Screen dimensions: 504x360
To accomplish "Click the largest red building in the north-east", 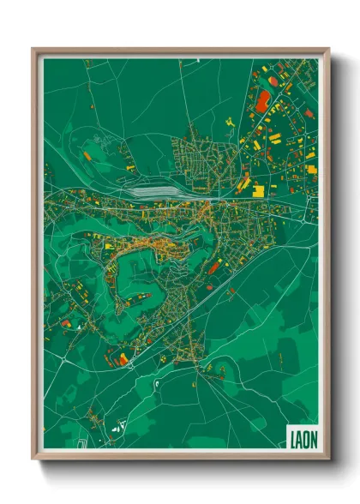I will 262,102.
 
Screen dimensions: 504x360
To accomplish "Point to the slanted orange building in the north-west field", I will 87,156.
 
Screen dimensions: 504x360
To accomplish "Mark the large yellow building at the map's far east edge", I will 312,169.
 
